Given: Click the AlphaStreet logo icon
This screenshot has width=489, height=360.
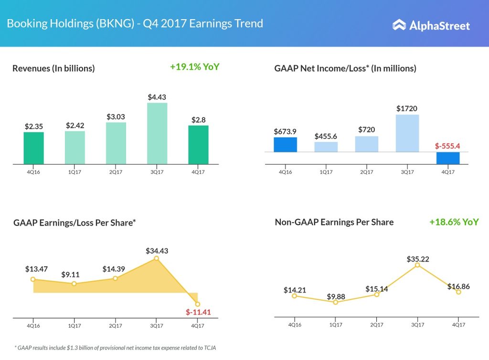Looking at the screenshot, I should click(x=399, y=25).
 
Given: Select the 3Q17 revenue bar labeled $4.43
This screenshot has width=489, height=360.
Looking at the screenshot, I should click(x=157, y=134).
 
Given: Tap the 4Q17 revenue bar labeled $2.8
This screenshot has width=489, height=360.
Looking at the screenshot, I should click(x=198, y=145).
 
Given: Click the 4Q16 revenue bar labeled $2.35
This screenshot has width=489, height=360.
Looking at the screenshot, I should click(x=33, y=148).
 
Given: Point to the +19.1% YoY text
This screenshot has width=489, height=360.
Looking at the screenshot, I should click(x=194, y=67).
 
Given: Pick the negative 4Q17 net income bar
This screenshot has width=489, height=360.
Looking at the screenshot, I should click(x=447, y=158).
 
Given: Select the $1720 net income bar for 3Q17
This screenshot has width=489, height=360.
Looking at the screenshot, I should click(x=407, y=133).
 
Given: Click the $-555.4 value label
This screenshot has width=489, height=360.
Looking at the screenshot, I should click(x=447, y=146).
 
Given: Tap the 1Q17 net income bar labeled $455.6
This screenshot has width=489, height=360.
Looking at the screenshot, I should click(x=326, y=147).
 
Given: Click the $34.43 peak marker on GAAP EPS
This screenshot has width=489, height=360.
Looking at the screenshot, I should click(x=156, y=258).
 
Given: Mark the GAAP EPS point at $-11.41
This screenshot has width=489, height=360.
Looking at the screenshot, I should click(x=198, y=304).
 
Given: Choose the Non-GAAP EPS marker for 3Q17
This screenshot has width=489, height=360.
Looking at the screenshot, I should click(x=417, y=265).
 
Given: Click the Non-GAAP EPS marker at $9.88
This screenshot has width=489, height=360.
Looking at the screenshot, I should click(x=336, y=302).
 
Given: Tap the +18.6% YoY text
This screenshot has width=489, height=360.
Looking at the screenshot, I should click(x=454, y=222).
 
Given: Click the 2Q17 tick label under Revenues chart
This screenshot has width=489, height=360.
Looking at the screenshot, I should click(x=116, y=172).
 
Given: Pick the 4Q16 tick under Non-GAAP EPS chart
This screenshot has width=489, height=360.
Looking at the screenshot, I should click(x=295, y=325).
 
